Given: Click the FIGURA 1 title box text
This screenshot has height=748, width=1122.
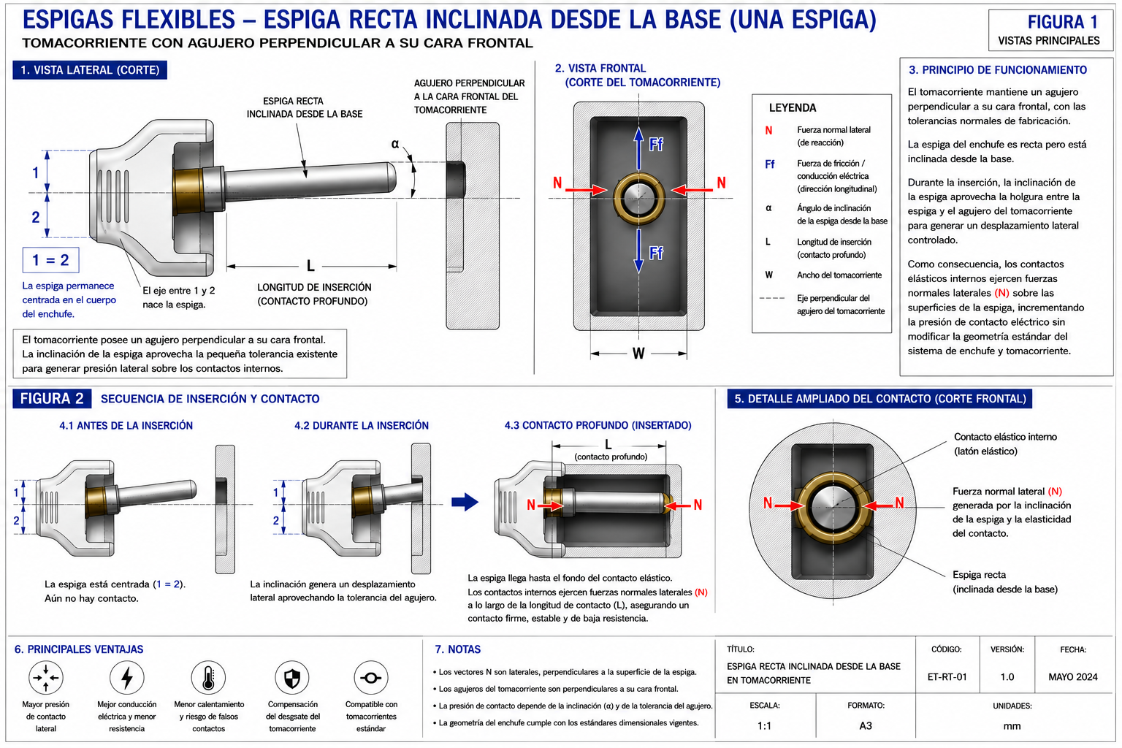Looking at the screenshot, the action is tap(1062, 22).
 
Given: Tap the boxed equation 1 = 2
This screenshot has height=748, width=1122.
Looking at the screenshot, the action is tap(50, 260).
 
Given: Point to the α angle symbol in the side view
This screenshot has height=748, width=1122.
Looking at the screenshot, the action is tap(395, 145).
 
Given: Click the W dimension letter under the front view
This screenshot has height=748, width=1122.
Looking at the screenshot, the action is tap(638, 354).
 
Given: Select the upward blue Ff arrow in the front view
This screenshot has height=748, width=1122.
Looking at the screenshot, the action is tap(638, 148).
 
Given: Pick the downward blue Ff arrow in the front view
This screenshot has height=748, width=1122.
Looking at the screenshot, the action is tap(638, 251).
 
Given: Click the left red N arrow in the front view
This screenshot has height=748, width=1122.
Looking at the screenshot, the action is tap(586, 190).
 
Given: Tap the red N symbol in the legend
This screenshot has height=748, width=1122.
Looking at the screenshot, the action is tap(768, 131).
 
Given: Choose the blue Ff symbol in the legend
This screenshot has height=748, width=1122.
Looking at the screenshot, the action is tap(769, 164).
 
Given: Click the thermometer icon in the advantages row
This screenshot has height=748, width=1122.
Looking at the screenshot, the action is tap(208, 677).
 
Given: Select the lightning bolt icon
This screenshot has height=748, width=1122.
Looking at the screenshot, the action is tap(127, 677).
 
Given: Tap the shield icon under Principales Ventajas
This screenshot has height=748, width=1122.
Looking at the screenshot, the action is tap(292, 677).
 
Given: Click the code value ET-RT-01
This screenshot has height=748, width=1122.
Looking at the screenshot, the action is tap(947, 677).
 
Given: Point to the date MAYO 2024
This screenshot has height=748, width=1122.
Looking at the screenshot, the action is tap(1073, 677).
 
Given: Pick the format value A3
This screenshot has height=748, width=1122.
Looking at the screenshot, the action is tap(866, 725).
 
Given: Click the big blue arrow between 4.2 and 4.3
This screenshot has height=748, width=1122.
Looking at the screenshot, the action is tap(465, 502).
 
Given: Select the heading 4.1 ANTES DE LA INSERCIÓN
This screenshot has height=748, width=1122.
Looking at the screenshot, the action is tap(126, 425).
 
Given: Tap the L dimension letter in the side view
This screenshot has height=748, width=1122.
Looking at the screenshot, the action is tap(310, 266).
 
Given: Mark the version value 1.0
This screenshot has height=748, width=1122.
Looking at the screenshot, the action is tap(1007, 677).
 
